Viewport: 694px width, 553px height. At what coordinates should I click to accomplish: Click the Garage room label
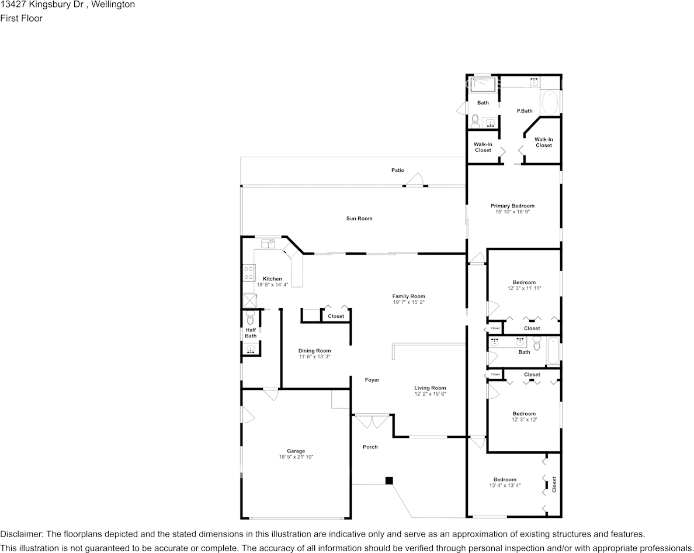(x=296, y=451)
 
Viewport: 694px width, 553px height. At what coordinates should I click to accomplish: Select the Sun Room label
(x=359, y=219)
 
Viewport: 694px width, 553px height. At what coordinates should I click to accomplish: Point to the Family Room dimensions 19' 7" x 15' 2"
(x=408, y=302)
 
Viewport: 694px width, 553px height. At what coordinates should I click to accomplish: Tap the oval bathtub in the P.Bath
(x=550, y=103)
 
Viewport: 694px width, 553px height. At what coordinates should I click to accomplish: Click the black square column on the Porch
(x=389, y=481)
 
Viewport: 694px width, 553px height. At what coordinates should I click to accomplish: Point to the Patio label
(x=397, y=170)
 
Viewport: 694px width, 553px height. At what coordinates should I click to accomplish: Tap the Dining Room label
(x=315, y=351)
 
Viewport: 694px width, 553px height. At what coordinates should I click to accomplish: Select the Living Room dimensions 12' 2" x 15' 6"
(x=430, y=394)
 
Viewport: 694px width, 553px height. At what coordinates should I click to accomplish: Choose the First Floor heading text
(x=22, y=18)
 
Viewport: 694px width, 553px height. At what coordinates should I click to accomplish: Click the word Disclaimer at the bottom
(x=22, y=534)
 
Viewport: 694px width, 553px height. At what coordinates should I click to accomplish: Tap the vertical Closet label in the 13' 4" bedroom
(x=554, y=484)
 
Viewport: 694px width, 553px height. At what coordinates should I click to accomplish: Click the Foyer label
(x=372, y=380)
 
